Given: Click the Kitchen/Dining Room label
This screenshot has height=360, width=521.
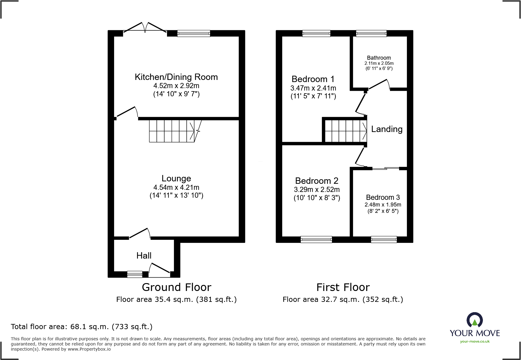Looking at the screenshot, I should coord(176,77).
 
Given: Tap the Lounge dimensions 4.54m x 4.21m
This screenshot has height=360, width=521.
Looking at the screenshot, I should coord(176,187).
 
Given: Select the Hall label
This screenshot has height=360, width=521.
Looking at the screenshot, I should coord(144,256).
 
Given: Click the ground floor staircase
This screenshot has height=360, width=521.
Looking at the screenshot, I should coord(172,131).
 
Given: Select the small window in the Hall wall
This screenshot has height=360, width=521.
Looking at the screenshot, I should coord(135,274).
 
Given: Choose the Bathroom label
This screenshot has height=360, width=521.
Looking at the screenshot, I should coord(379,58).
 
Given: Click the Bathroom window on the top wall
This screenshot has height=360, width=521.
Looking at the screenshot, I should coord(371,33).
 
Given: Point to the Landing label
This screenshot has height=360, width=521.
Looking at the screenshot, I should coord(387,129).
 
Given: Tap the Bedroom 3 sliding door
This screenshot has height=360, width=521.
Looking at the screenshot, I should coord(386,168).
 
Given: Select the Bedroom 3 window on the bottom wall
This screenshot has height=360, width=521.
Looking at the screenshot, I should coord(384,239).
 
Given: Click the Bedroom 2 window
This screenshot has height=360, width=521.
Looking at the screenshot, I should coord(316,239).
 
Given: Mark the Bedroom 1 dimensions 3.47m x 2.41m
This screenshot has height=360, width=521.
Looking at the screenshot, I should coord(313,88).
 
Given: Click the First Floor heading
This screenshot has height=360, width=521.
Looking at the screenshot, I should coord(343,287).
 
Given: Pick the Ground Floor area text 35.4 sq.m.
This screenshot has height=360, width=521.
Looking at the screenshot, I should coord(176,299).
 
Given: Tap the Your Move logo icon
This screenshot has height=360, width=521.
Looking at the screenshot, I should coord(474,320).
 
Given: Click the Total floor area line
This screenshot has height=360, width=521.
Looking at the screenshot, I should coord(82,327).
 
